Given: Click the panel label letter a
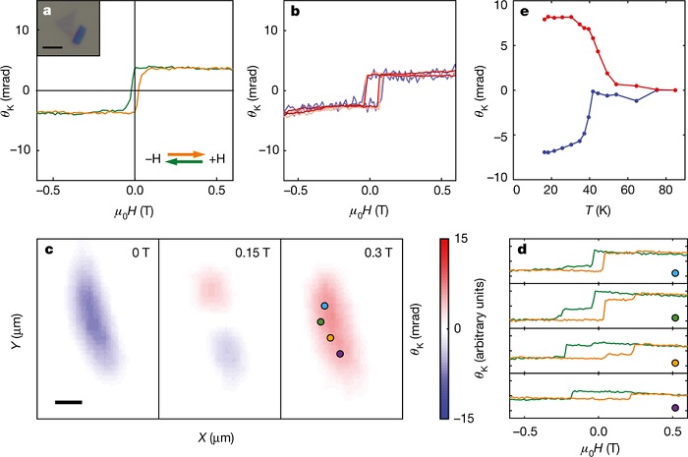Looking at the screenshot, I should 43,13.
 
